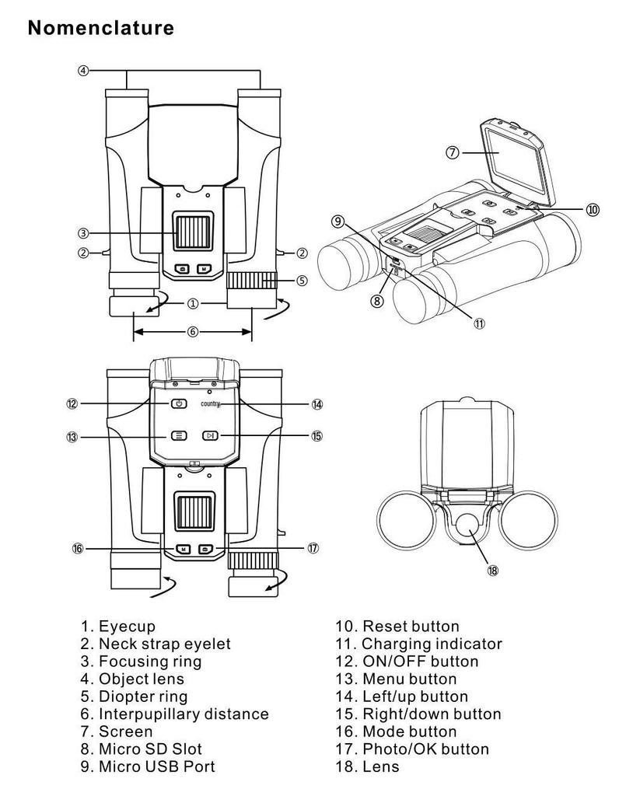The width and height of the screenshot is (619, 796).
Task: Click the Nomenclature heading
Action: [100, 27]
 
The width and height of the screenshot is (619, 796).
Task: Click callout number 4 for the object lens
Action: [82, 71]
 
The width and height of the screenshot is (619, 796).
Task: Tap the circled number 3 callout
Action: [82, 233]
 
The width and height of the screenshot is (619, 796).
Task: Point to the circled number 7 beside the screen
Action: [453, 152]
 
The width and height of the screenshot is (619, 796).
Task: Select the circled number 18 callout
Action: [492, 571]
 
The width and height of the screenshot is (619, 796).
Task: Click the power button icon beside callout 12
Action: [178, 403]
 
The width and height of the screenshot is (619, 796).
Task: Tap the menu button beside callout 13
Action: [178, 435]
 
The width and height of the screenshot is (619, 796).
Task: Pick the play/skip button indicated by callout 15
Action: [210, 435]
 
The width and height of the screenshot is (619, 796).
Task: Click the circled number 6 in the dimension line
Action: [192, 332]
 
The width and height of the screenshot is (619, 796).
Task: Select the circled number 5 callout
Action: [302, 281]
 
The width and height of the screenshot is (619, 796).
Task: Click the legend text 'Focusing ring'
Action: [150, 662]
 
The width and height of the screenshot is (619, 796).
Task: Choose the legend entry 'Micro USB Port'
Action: [156, 766]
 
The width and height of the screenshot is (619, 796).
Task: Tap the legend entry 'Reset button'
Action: [411, 626]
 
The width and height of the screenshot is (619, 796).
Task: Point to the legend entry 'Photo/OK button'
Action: [425, 749]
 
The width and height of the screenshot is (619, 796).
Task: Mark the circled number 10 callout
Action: [593, 209]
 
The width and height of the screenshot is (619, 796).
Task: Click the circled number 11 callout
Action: [479, 323]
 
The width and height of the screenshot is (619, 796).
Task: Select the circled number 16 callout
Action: [77, 548]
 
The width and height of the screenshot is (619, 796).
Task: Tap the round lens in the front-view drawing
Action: [467, 525]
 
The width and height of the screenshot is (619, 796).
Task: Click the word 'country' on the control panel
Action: [210, 404]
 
